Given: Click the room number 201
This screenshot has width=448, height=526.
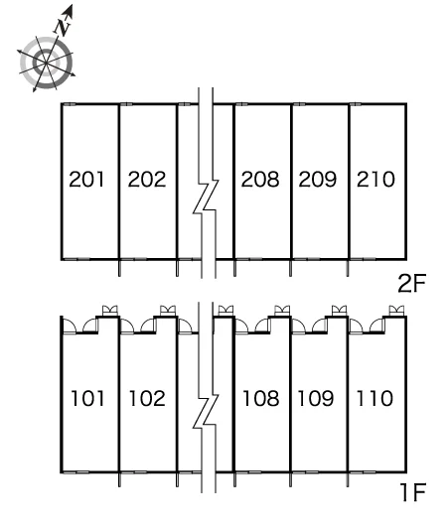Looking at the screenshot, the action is click(x=86, y=179).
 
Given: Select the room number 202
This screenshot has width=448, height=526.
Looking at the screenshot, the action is click(x=147, y=179).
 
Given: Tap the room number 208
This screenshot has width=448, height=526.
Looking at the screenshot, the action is click(x=260, y=179).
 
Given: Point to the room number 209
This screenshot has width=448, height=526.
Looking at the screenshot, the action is click(x=317, y=179).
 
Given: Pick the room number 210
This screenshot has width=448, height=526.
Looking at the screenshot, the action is click(x=375, y=179).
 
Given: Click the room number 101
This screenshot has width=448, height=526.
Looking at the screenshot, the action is click(x=87, y=399).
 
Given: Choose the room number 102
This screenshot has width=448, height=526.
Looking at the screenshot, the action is click(x=147, y=399).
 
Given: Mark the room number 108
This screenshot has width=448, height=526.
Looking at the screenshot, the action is click(x=260, y=399).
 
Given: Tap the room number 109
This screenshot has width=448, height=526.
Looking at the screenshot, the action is click(x=316, y=399).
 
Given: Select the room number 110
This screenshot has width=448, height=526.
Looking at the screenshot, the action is click(x=374, y=399).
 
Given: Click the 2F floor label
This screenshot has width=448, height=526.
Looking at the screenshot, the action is click(x=411, y=284).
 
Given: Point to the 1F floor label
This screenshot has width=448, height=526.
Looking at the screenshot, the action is click(x=413, y=492).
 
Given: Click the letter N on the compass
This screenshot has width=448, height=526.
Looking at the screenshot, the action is click(x=62, y=28).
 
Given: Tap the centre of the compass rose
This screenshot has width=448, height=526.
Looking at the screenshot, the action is click(x=46, y=63).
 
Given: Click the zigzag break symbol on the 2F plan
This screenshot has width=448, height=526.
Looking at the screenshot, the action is click(x=206, y=197).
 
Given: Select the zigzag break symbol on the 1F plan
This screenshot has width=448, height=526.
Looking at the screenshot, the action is click(x=206, y=411).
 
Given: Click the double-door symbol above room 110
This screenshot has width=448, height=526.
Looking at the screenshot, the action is click(x=396, y=311).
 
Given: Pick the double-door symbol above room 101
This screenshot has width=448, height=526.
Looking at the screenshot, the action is click(x=110, y=311).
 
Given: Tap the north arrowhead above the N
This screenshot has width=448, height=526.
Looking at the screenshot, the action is click(x=69, y=10).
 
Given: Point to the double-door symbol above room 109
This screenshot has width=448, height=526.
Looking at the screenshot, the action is click(x=339, y=311).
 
